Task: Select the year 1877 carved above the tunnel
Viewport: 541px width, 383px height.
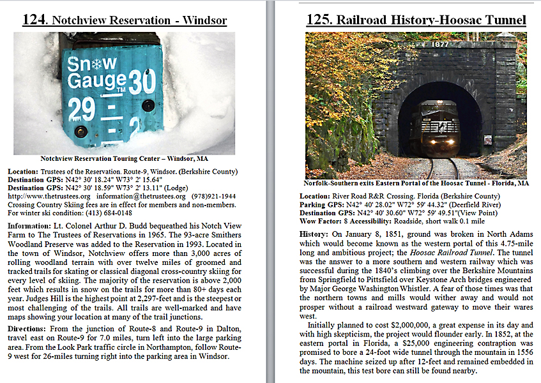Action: coord(439,45)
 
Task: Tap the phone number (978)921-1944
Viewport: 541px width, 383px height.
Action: coord(212,196)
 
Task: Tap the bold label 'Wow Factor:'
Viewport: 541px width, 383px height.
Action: coord(323,221)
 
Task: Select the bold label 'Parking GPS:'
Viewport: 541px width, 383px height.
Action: coord(324,204)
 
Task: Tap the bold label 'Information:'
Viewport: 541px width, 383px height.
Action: coord(32,226)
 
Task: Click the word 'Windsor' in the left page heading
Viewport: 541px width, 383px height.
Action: coord(204,20)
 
